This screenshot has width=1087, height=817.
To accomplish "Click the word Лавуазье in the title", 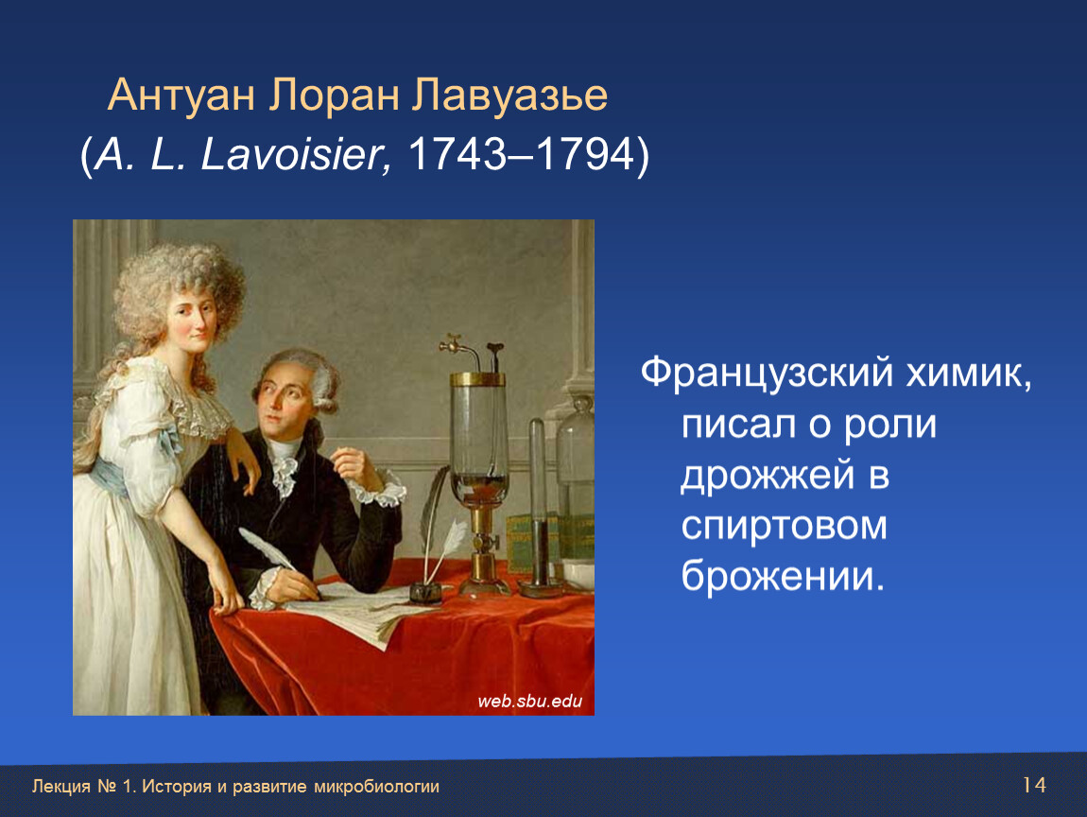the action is [509, 95].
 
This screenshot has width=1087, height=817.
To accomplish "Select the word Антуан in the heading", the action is [181, 95].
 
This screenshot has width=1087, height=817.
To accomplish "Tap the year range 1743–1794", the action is [522, 153].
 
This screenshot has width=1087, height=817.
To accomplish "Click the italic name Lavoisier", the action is [292, 153].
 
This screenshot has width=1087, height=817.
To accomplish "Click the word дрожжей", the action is [768, 476].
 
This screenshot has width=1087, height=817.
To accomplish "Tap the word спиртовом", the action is [784, 526].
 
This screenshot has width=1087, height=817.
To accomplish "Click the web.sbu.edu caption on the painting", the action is [529, 702].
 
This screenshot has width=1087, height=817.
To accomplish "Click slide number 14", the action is [1034, 785].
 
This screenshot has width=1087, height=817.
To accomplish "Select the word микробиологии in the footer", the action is [376, 787].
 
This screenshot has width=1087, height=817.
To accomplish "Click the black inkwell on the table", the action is [425, 593].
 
